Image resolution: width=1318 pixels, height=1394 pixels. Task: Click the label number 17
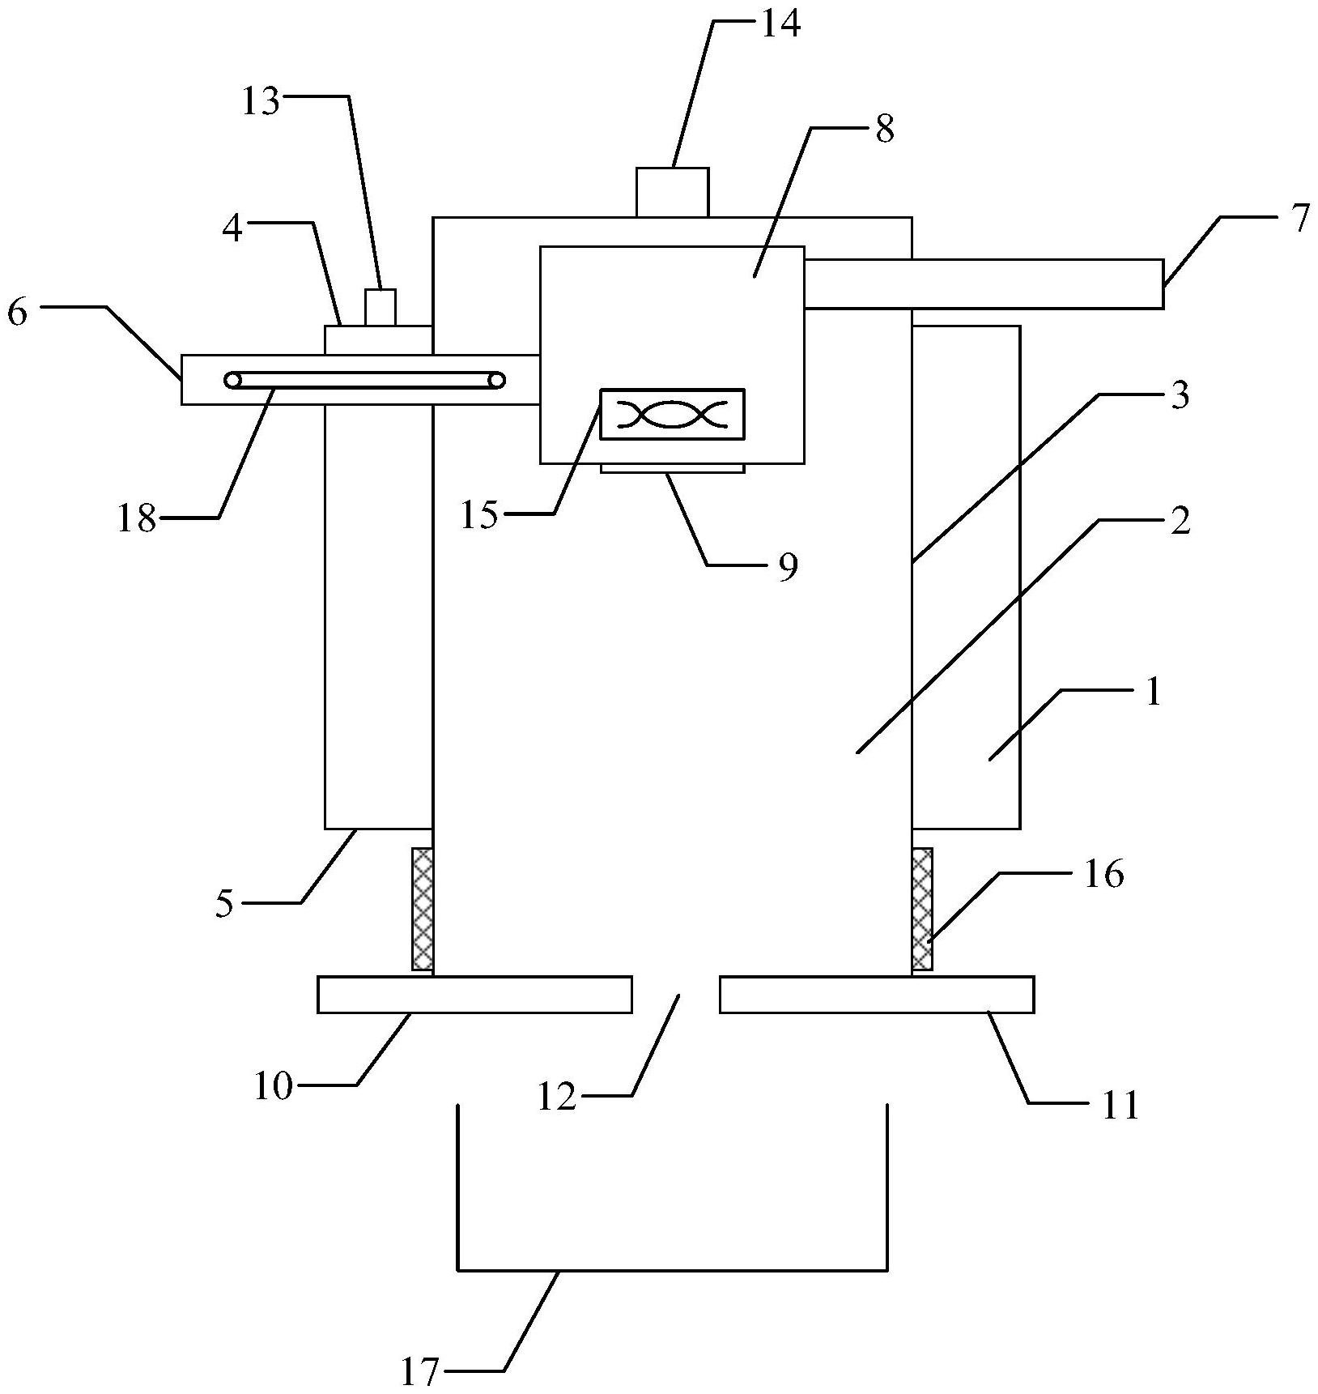coord(419,1372)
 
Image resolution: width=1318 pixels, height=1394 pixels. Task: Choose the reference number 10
coord(273,1086)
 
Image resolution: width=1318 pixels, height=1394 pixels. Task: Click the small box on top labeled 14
coord(672,192)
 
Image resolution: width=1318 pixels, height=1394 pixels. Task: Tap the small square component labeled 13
coord(380,307)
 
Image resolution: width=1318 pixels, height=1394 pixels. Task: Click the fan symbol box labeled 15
coord(671,415)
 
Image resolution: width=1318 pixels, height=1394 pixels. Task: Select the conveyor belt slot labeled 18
coord(364,380)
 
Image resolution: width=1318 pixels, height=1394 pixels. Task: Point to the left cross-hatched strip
coord(423,909)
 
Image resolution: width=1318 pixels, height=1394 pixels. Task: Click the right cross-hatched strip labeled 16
coord(922,909)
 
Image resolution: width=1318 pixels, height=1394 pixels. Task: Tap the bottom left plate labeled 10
coord(474,995)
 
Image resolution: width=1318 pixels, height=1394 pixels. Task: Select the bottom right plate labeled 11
coord(876,995)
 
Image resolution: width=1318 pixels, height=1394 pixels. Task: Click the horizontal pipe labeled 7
coord(984,283)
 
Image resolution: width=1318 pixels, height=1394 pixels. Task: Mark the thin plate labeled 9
coord(672,468)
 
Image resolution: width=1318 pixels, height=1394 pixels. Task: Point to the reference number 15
coord(479,515)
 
